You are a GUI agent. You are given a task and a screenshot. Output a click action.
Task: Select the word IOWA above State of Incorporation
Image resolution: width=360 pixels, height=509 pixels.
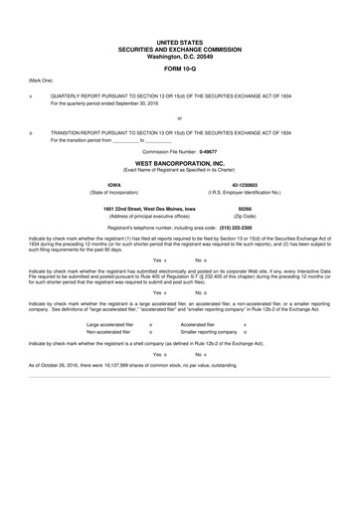click(113, 184)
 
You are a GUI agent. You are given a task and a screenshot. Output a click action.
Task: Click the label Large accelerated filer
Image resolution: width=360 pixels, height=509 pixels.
click(114, 323)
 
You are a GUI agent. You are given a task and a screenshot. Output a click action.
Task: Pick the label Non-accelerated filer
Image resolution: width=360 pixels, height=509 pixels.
click(110, 331)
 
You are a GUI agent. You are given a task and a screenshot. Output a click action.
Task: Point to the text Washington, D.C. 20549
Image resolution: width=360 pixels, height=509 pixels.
click(179, 55)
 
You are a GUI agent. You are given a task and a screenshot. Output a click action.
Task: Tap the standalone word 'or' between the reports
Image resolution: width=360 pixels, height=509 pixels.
click(179, 116)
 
